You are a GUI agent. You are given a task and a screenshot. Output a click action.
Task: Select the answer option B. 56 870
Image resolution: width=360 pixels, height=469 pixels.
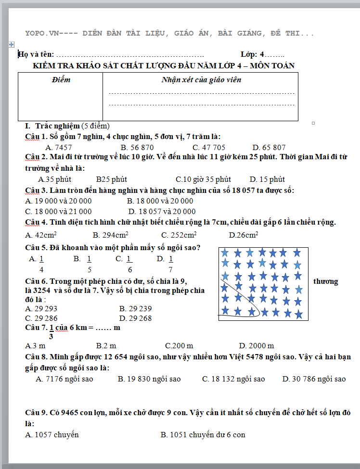tap(137, 147)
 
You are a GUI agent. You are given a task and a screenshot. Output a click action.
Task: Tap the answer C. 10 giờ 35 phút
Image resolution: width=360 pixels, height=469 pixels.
tap(203, 179)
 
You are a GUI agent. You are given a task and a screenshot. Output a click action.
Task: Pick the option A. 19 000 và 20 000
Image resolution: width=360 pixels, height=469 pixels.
tap(58, 201)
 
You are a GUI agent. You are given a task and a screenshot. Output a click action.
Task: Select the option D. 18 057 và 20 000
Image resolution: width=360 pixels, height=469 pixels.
tap(162, 211)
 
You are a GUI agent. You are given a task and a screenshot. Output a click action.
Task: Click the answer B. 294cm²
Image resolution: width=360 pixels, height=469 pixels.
tap(110, 235)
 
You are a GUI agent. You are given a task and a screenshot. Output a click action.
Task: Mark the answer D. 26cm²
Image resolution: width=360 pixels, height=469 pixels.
tap(244, 235)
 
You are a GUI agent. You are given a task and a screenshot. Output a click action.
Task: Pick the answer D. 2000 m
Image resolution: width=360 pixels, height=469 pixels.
tap(257, 345)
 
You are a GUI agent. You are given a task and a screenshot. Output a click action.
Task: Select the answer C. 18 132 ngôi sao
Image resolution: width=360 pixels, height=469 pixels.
tap(233, 379)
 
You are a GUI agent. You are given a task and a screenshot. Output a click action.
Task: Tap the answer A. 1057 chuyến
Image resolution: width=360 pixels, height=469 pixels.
tap(52, 434)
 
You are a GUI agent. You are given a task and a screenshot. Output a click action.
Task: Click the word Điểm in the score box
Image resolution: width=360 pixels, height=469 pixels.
tap(61, 80)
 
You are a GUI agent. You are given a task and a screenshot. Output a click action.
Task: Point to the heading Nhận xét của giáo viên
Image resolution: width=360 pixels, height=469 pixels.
tap(201, 80)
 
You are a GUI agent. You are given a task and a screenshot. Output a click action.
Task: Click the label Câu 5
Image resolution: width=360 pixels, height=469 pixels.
tap(36, 248)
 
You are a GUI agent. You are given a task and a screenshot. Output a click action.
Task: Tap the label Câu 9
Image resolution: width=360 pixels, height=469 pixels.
tap(36, 412)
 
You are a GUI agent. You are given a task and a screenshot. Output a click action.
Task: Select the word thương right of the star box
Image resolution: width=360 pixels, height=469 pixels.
tap(325, 281)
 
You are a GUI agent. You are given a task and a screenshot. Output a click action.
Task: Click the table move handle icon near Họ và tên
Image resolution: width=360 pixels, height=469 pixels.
tap(11, 44)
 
